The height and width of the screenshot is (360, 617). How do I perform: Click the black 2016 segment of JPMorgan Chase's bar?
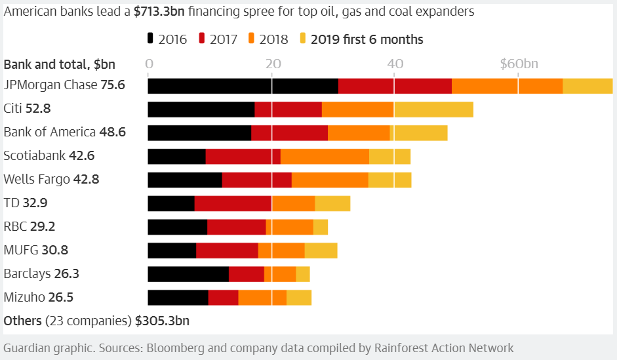pos(243,85)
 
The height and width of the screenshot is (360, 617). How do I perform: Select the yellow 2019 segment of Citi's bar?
pos(433,109)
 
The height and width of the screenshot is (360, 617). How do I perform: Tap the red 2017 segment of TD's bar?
pos(233,203)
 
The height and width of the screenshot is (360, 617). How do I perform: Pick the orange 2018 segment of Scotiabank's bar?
pos(325,156)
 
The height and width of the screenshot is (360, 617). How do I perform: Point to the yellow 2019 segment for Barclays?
pos(303,274)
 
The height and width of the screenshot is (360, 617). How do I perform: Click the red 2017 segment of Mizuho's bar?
pos(223,298)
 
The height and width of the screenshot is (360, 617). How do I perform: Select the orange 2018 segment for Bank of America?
pos(359,132)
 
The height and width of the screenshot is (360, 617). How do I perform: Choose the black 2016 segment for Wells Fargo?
pos(185,180)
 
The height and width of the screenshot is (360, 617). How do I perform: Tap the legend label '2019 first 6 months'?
pos(367,39)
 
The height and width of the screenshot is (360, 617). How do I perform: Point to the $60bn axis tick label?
pos(519,64)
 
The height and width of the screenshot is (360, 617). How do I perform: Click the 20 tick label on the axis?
pos(271,64)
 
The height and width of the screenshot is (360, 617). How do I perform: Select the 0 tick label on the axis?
pos(149,64)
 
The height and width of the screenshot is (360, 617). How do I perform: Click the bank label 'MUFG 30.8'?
pos(35,250)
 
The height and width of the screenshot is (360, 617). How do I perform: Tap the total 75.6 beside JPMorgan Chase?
pos(113,85)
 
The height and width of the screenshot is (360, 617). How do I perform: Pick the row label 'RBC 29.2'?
pos(29,226)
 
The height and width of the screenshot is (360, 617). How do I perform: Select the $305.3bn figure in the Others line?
pos(162,321)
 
